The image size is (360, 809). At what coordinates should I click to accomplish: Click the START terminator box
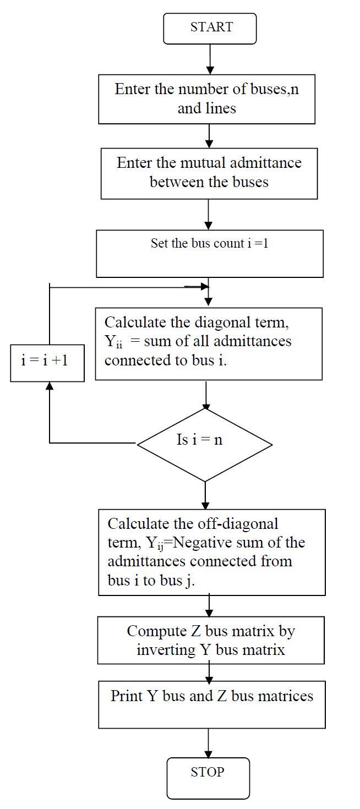tap(210, 29)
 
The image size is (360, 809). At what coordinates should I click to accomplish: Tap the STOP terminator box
tap(208, 778)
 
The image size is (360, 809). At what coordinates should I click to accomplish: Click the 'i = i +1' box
tap(47, 362)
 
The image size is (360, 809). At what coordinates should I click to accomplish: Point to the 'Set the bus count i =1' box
tap(209, 253)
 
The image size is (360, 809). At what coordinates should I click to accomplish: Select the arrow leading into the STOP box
tap(208, 744)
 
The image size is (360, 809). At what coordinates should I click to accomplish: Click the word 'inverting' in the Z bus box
tap(166, 649)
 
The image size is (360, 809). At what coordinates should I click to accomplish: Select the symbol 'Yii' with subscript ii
tap(113, 342)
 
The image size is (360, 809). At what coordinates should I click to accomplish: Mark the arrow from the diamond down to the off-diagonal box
tap(205, 495)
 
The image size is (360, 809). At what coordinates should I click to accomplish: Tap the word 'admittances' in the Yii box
tap(252, 341)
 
